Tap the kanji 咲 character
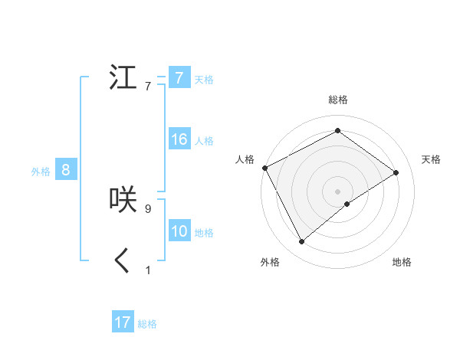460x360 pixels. point(123,199)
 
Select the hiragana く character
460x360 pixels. point(123,260)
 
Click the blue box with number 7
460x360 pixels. point(179,78)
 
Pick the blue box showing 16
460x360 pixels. point(179,139)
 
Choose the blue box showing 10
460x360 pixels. point(179,231)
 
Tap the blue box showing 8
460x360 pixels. point(66,170)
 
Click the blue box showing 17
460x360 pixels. point(123,322)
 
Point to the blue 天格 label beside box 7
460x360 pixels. point(204,80)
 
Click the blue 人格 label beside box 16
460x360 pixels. point(204,141)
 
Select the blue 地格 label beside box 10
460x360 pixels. point(204,233)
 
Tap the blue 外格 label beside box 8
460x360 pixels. point(41,172)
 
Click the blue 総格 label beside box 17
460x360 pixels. point(147,324)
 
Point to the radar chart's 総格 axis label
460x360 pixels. point(337,100)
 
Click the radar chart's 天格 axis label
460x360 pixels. point(432,159)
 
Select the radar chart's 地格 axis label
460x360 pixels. point(402,262)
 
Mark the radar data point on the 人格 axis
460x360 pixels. point(264,167)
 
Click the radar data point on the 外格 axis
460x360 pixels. point(301,242)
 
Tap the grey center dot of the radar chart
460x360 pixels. point(337,191)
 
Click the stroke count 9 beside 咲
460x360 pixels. point(158,207)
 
